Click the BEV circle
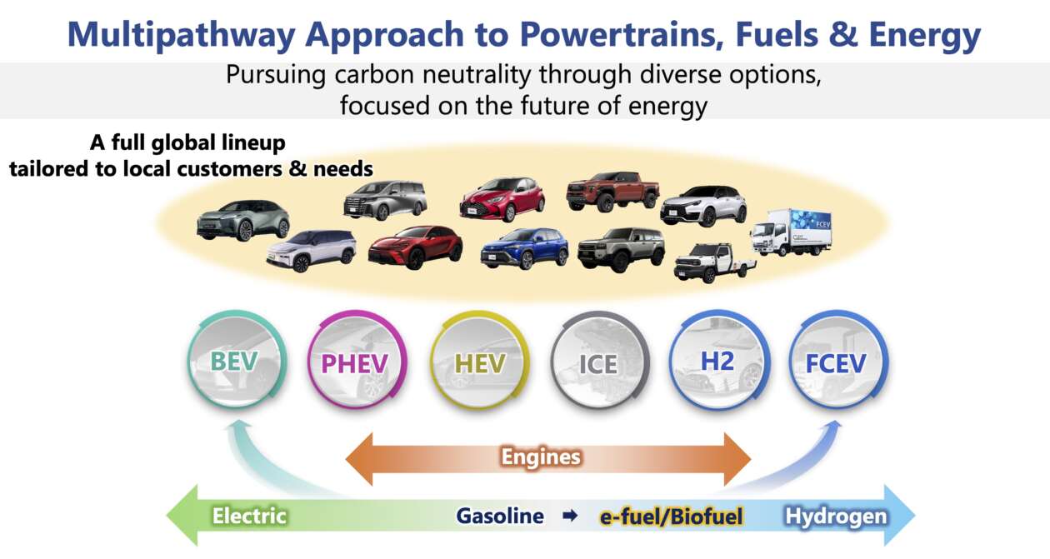pyautogui.click(x=237, y=361)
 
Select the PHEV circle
pyautogui.click(x=357, y=361)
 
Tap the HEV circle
pyautogui.click(x=479, y=361)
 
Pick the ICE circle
pyautogui.click(x=600, y=361)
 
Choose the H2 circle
pyautogui.click(x=719, y=361)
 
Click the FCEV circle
pyautogui.click(x=837, y=361)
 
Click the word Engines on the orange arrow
pyautogui.click(x=541, y=457)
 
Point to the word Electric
pyautogui.click(x=249, y=516)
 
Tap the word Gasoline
pyautogui.click(x=500, y=516)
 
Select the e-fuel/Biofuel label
pyautogui.click(x=672, y=517)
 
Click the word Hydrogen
pyautogui.click(x=837, y=517)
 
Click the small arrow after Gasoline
pyautogui.click(x=570, y=516)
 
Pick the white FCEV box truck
pyautogui.click(x=792, y=232)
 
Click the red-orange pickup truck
pyautogui.click(x=612, y=191)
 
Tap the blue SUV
pyautogui.click(x=524, y=248)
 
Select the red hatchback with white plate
pyautogui.click(x=502, y=198)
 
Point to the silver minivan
pyautogui.click(x=385, y=200)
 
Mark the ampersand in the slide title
pyautogui.click(x=843, y=35)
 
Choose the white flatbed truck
pyautogui.click(x=715, y=263)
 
